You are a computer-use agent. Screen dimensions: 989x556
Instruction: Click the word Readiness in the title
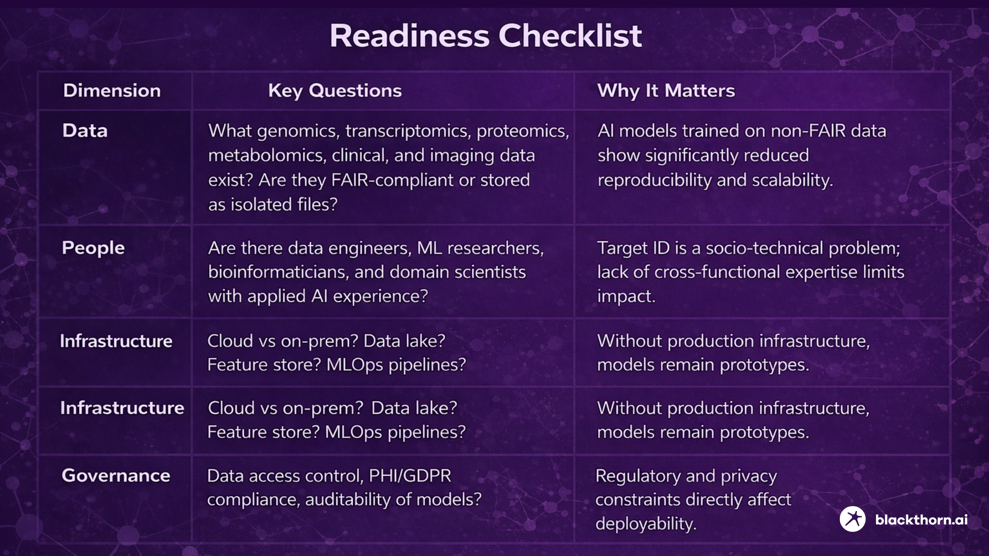pyautogui.click(x=409, y=36)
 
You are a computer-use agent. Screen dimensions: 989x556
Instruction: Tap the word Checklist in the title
pyautogui.click(x=570, y=36)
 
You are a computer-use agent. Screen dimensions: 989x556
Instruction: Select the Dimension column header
pyautogui.click(x=112, y=91)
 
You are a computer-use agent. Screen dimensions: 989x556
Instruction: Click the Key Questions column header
pyautogui.click(x=335, y=91)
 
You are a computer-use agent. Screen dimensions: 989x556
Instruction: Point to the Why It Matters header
pyautogui.click(x=666, y=91)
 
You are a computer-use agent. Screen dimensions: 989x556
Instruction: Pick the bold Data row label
pyautogui.click(x=85, y=130)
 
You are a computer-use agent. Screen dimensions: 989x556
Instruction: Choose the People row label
pyautogui.click(x=93, y=248)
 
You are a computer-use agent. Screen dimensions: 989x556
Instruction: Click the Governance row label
pyautogui.click(x=116, y=475)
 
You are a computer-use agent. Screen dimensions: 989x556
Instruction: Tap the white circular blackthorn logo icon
pyautogui.click(x=852, y=519)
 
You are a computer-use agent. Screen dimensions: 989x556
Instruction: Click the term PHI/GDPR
pyautogui.click(x=410, y=476)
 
